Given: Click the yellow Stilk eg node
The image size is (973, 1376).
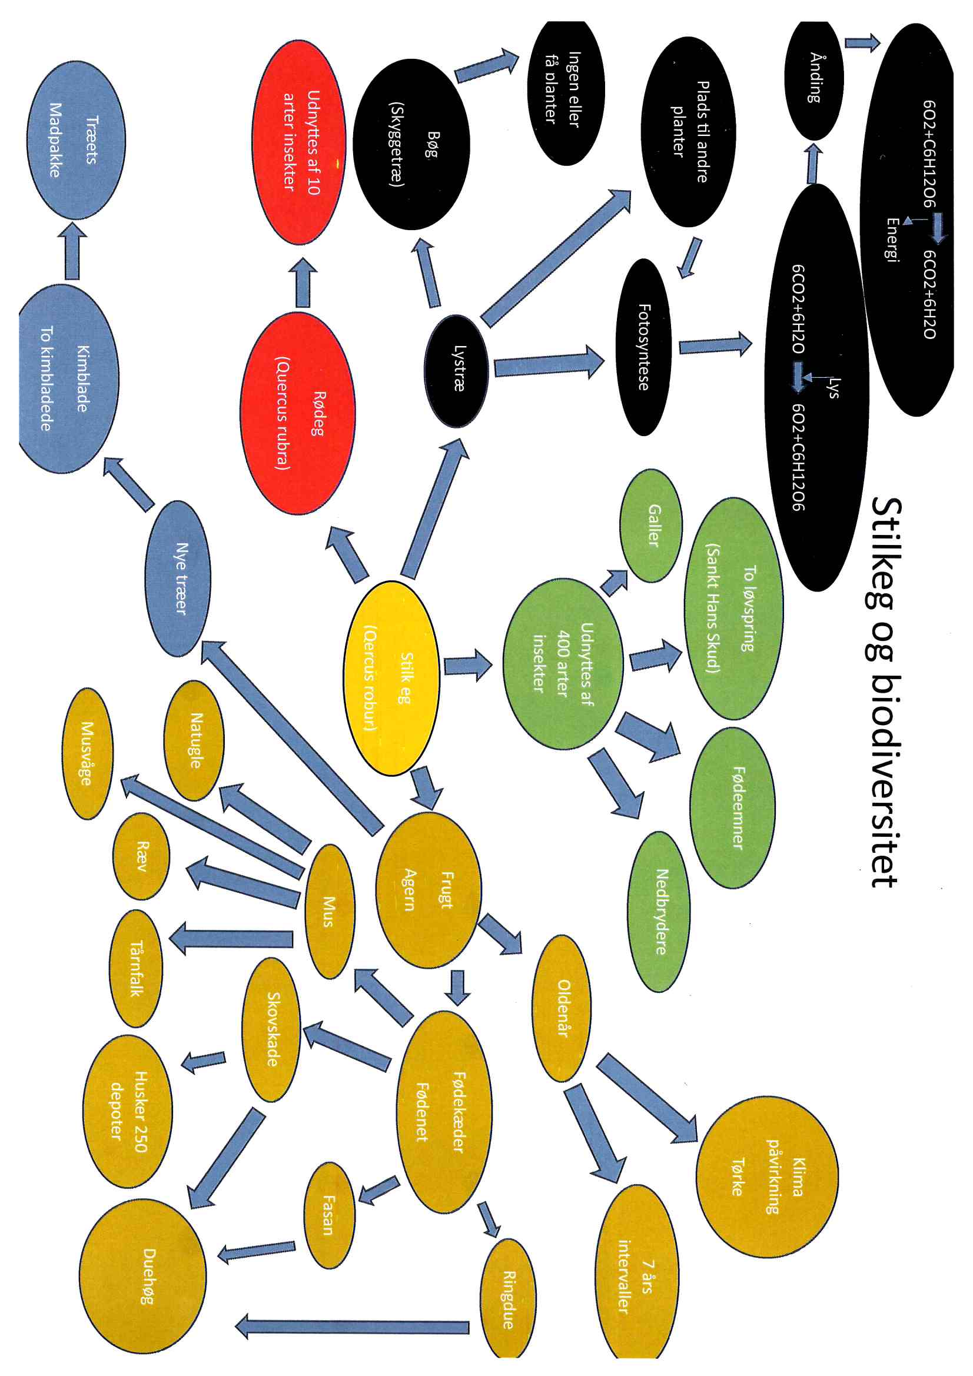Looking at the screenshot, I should pyautogui.click(x=391, y=678).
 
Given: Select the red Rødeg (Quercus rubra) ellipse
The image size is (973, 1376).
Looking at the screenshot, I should pyautogui.click(x=298, y=413).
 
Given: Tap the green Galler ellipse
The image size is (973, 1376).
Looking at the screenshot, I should pyautogui.click(x=650, y=526).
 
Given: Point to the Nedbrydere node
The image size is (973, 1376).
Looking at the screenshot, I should pyautogui.click(x=659, y=912).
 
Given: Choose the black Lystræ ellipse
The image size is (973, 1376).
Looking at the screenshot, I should pyautogui.click(x=456, y=370).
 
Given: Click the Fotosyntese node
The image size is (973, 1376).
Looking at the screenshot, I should pyautogui.click(x=643, y=347).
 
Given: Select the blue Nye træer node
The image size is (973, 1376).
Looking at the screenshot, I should pyautogui.click(x=178, y=579).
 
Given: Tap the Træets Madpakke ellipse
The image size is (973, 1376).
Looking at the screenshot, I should pyautogui.click(x=76, y=140).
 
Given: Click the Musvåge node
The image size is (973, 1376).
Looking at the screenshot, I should pyautogui.click(x=88, y=753).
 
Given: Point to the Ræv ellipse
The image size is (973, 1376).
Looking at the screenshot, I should pyautogui.click(x=141, y=856).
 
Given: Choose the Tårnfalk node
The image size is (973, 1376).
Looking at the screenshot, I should pyautogui.click(x=136, y=968).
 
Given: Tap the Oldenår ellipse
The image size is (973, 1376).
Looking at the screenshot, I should pyautogui.click(x=562, y=1008).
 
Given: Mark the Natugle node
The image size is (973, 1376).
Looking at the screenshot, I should pyautogui.click(x=194, y=741).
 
